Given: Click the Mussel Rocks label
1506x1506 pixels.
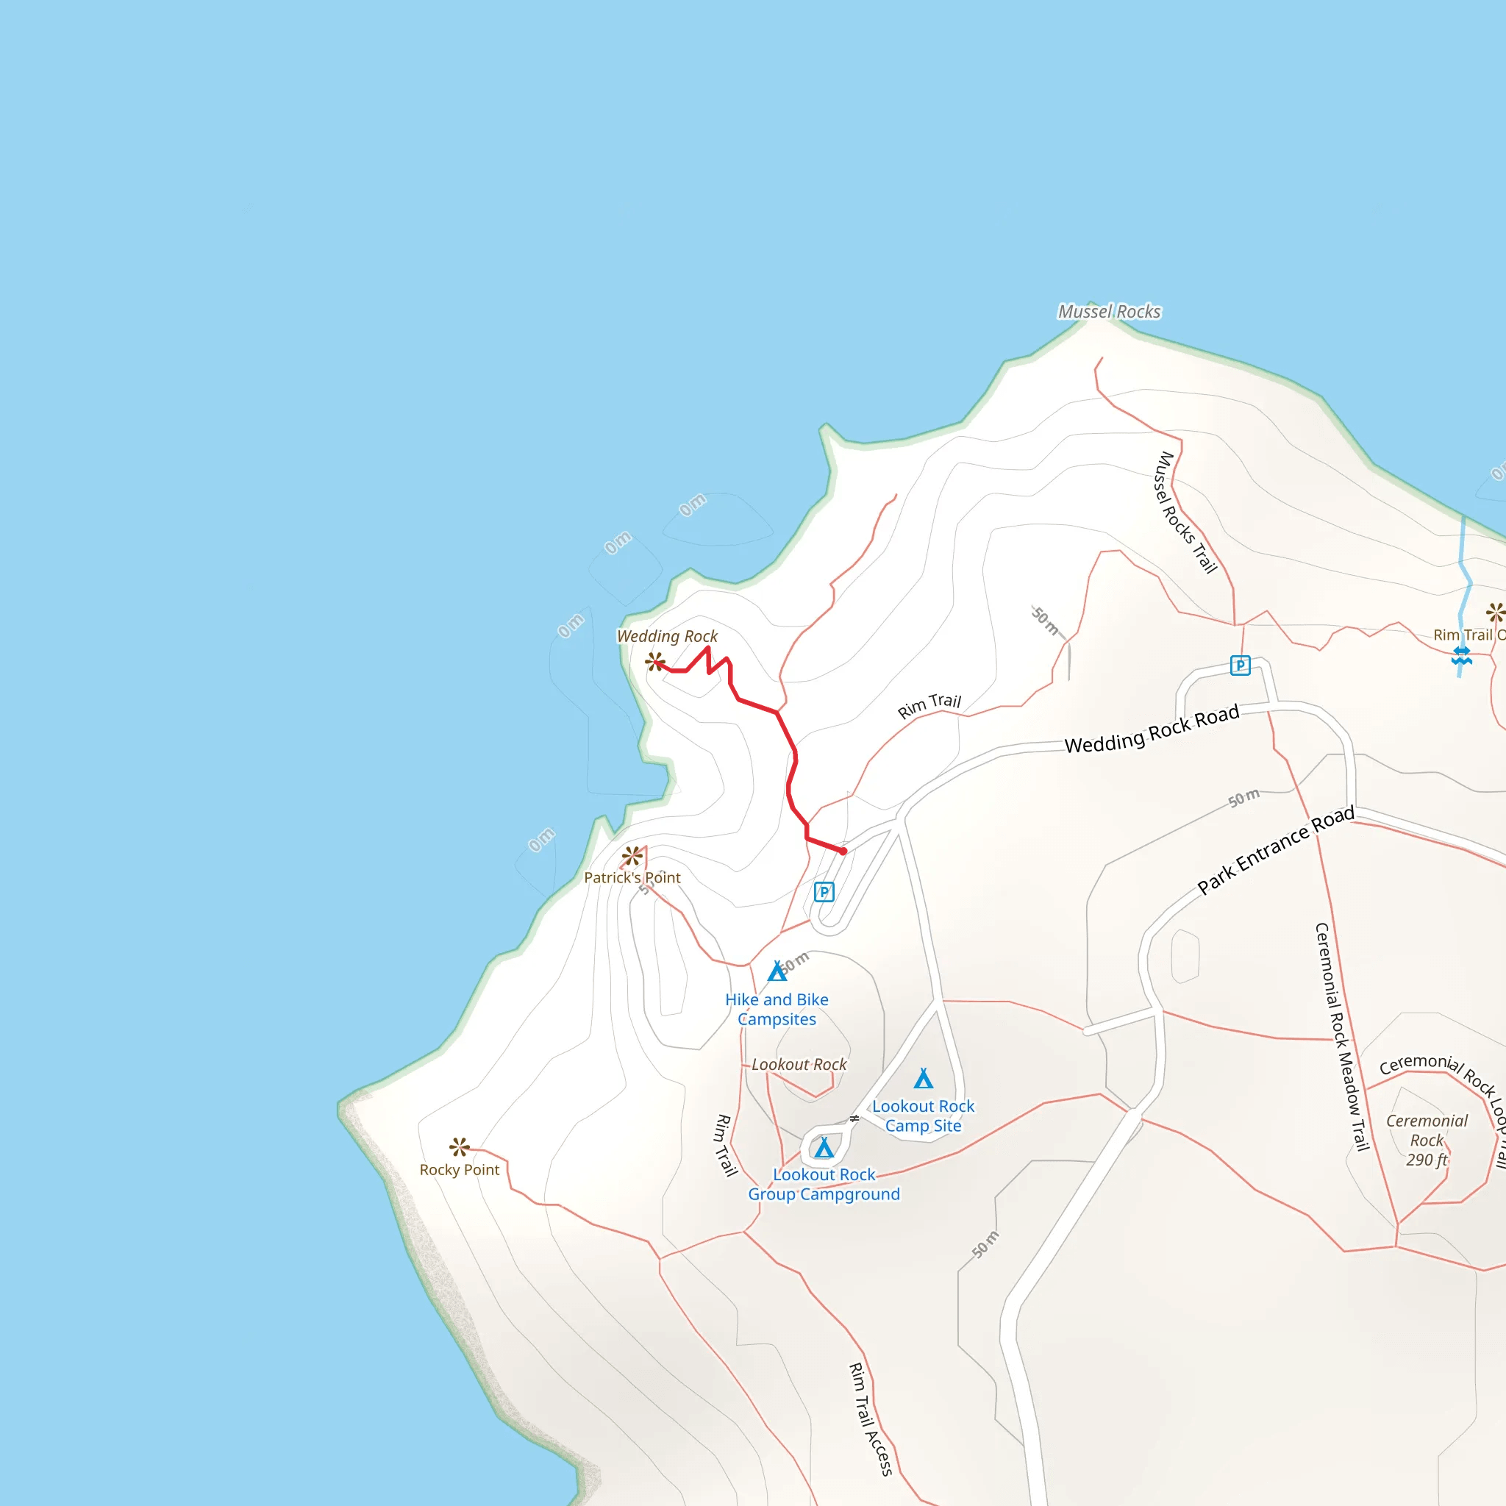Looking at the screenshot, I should (x=1108, y=312).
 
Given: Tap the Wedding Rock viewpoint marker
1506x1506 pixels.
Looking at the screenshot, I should (x=654, y=662).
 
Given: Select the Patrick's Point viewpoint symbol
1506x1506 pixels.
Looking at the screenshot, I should (x=632, y=856).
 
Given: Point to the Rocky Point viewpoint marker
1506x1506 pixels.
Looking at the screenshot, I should (x=459, y=1146).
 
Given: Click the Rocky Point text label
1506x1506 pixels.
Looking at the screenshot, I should (x=459, y=1169).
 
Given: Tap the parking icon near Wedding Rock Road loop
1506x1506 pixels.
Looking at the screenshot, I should (x=1239, y=665).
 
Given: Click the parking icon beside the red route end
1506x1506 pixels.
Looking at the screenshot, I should (x=824, y=892).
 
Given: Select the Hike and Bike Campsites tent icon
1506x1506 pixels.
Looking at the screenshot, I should (x=777, y=971).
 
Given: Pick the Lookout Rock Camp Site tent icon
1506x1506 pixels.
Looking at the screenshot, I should (x=923, y=1079).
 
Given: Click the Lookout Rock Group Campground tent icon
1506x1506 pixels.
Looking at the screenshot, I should (x=824, y=1147).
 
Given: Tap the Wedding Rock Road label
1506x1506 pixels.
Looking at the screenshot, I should (x=1152, y=729).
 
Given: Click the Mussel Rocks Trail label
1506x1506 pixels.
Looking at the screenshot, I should (x=1184, y=512).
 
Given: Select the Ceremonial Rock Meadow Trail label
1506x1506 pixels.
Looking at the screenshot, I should (x=1341, y=1036).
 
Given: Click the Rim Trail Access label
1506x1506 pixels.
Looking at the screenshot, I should (x=870, y=1418).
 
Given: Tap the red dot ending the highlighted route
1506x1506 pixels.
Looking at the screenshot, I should (x=843, y=852).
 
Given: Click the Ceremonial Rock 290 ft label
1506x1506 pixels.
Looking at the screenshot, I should (x=1427, y=1140).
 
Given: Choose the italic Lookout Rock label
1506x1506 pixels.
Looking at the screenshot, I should (x=799, y=1064).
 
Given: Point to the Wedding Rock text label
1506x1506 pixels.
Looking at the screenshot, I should (x=667, y=636).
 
